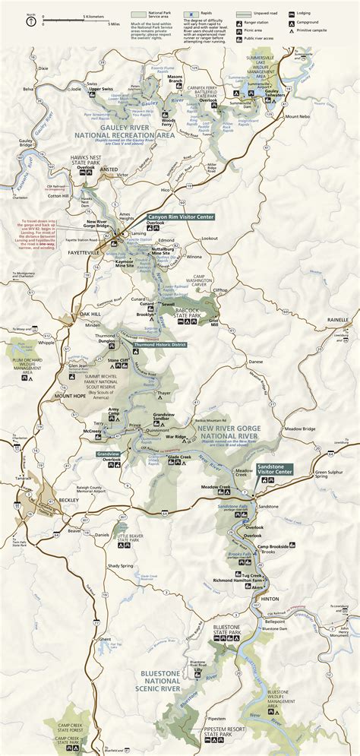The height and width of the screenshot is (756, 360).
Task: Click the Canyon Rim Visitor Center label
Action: click(x=180, y=217)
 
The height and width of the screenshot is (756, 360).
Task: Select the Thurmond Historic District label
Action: click(x=159, y=344)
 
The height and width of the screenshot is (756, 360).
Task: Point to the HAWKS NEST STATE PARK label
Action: click(x=77, y=163)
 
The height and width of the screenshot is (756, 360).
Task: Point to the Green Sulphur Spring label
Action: click(x=333, y=475)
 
